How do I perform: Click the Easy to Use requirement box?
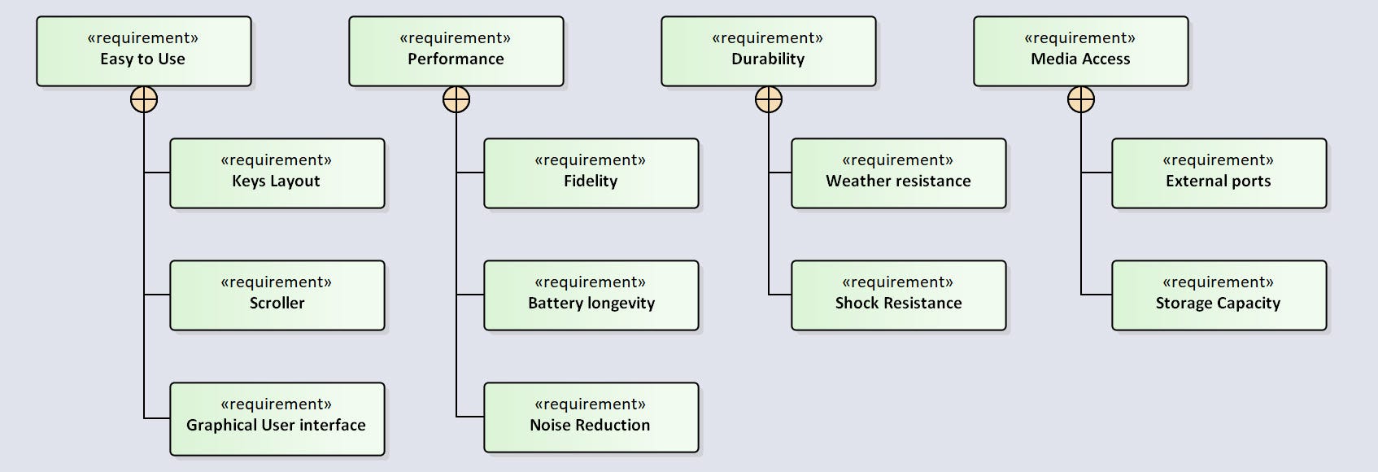[x=143, y=50]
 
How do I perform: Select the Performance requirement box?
[x=456, y=50]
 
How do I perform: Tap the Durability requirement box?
[x=768, y=50]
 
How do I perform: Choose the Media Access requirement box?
[x=1080, y=50]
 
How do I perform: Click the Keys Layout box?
[x=277, y=173]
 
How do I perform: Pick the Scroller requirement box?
[x=277, y=295]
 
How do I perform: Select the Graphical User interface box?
[x=277, y=418]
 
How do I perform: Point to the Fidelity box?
[x=591, y=173]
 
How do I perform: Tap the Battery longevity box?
[x=591, y=295]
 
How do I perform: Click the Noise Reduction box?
[x=591, y=417]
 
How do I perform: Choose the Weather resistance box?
[x=898, y=173]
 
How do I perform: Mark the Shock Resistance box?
[x=898, y=295]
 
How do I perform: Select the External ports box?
[x=1219, y=173]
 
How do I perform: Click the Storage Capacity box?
[x=1219, y=295]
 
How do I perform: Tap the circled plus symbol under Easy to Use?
[x=144, y=100]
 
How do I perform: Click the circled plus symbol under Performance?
[x=456, y=100]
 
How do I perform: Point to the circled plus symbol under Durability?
[x=769, y=100]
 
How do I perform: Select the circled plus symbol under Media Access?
[x=1081, y=100]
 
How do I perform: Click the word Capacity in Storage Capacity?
[x=1248, y=304]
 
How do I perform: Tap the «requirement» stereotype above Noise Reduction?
[x=590, y=404]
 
